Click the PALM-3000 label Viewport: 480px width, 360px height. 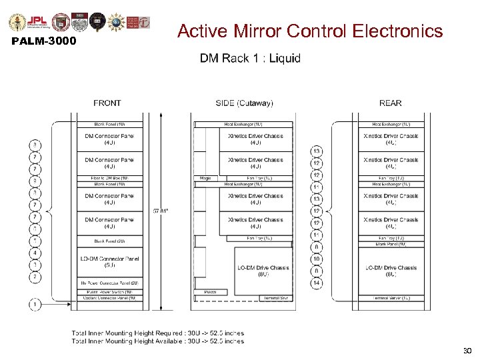coord(44,42)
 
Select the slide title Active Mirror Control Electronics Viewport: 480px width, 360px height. coord(310,31)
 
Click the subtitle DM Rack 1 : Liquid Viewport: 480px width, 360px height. coord(250,58)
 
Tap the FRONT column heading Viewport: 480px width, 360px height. coord(107,103)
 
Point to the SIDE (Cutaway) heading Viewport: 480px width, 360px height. coord(244,103)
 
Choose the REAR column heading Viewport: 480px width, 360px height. coord(390,103)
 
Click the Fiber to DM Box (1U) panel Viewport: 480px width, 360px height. coord(109,178)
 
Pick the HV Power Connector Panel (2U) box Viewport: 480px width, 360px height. coord(109,283)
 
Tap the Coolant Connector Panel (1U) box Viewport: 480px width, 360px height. coord(109,298)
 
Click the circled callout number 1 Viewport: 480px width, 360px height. coord(33,304)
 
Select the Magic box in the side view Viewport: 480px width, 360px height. coord(205,178)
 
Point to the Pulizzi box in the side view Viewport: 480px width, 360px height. coord(210,292)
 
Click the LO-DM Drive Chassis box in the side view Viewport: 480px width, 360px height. coord(263,270)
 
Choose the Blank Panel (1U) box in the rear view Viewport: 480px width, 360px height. coord(391,244)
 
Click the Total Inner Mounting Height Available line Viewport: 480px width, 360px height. coord(157,341)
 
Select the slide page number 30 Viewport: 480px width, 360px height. coord(466,350)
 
